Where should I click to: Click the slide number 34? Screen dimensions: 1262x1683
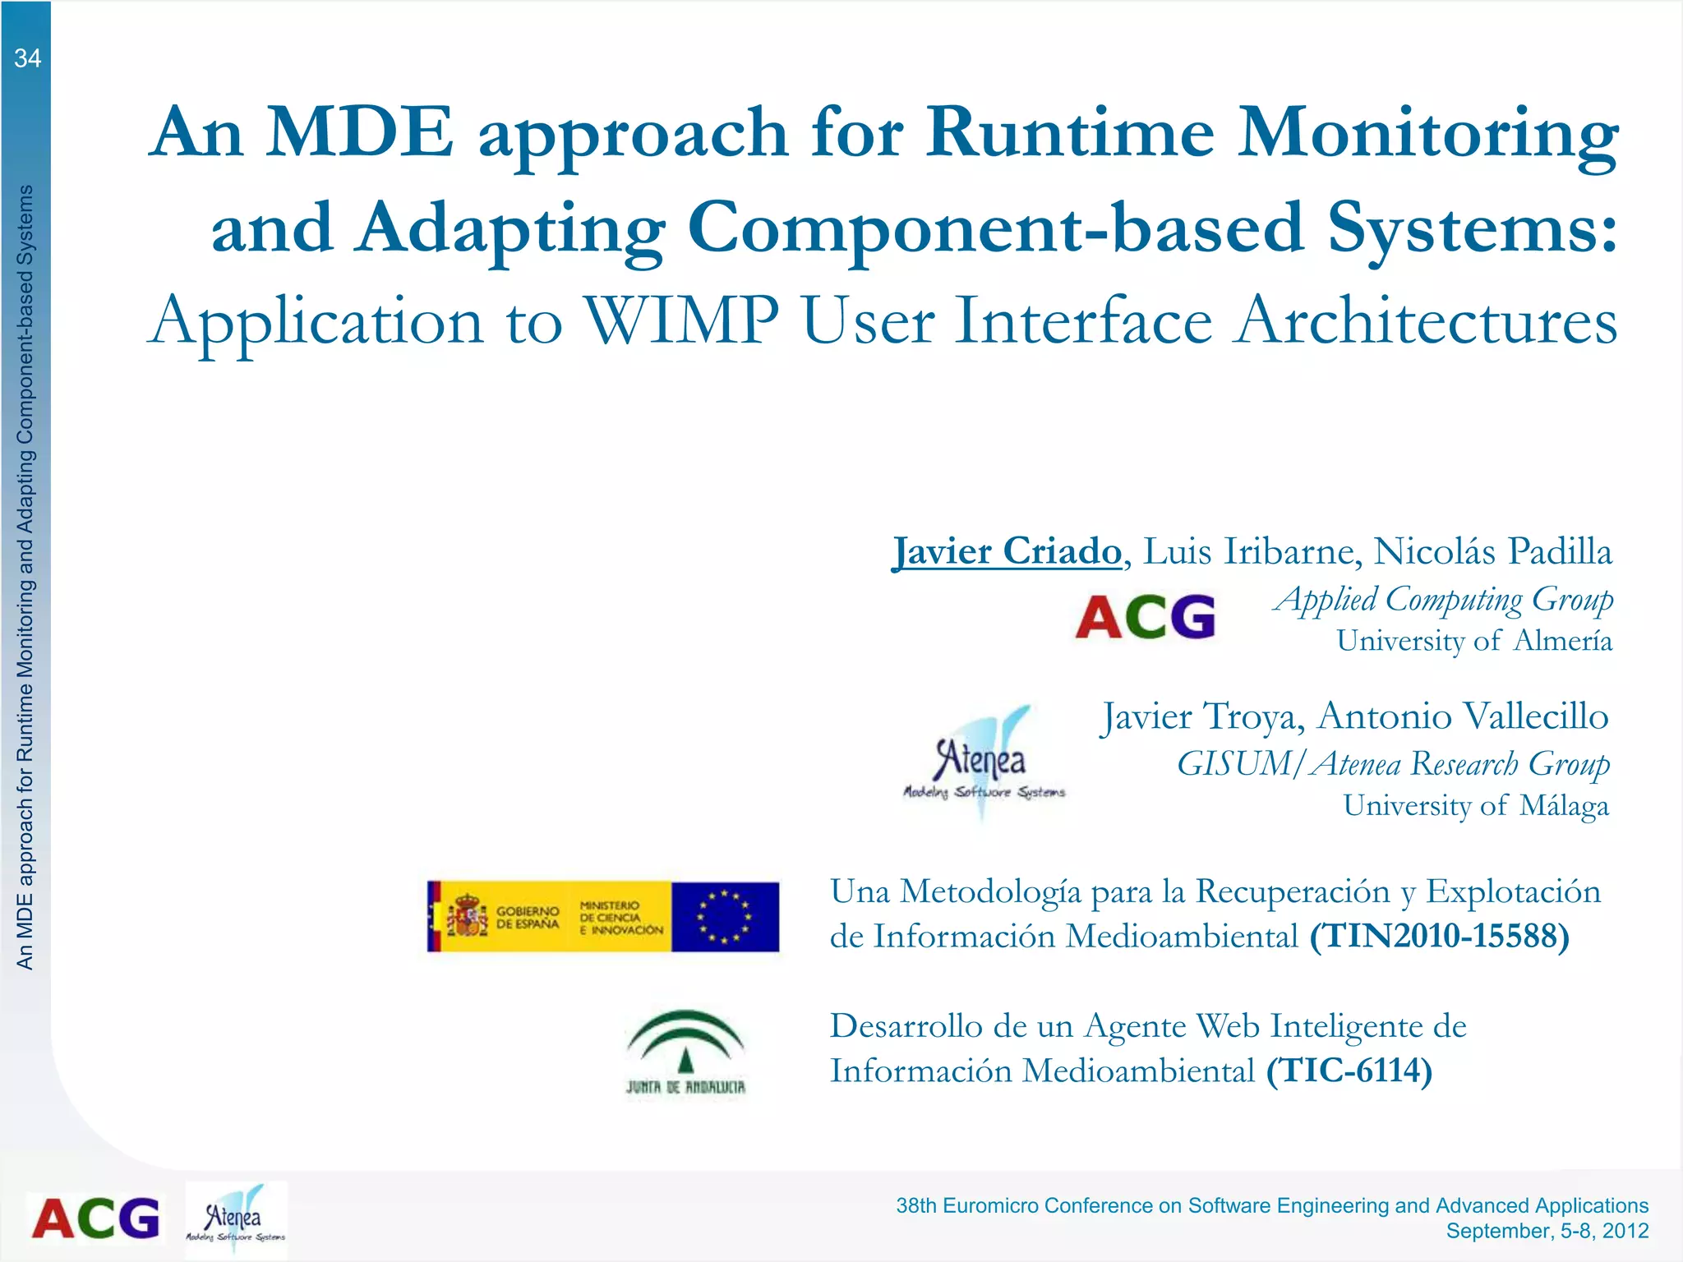coord(27,58)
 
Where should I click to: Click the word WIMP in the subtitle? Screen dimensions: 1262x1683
coord(681,320)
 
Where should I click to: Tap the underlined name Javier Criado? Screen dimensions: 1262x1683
coord(1007,551)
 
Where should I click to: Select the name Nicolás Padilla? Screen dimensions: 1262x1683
coord(1492,551)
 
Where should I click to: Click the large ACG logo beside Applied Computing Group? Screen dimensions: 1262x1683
coord(1145,617)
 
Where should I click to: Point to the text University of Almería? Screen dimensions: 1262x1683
coord(1473,641)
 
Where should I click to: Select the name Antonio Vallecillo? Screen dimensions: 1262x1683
coord(1463,716)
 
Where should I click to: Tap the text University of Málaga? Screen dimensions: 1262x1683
coord(1475,806)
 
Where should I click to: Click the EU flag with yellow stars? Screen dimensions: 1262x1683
coord(724,917)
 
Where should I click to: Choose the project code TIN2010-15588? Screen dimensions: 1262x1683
coord(1439,937)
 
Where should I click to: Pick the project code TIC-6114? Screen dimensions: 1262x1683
coord(1349,1071)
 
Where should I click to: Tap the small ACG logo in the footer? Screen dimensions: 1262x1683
coord(95,1218)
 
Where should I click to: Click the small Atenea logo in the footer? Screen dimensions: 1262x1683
coord(236,1219)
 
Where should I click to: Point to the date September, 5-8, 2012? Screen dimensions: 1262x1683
coord(1547,1231)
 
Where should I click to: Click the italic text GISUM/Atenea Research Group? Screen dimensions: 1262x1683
coord(1392,764)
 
